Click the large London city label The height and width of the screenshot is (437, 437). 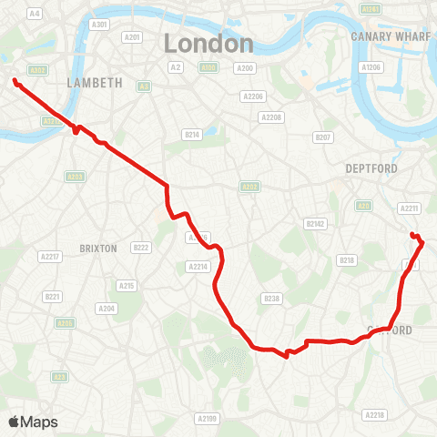click(x=208, y=43)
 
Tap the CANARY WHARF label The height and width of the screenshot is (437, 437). click(x=383, y=36)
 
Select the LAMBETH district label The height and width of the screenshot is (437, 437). click(x=95, y=82)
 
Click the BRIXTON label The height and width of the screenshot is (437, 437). click(x=98, y=248)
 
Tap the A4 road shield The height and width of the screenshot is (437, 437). click(x=36, y=14)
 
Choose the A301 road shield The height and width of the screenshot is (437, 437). click(x=102, y=24)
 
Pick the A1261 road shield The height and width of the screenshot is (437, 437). click(x=371, y=8)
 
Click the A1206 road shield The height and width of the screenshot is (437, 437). click(x=371, y=67)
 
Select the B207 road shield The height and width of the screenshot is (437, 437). click(x=322, y=137)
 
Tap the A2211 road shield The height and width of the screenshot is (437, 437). click(x=409, y=208)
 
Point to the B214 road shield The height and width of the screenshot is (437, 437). click(x=191, y=134)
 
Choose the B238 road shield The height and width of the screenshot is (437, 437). click(x=269, y=298)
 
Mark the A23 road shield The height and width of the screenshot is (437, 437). click(x=60, y=376)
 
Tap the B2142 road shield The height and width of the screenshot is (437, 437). click(x=315, y=223)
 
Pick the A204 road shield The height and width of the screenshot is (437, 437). click(x=107, y=309)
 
